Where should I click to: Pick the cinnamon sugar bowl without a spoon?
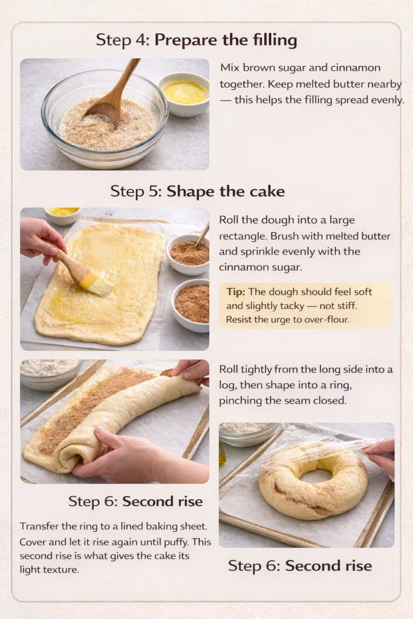(191, 305)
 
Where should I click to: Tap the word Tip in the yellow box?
(235, 292)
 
